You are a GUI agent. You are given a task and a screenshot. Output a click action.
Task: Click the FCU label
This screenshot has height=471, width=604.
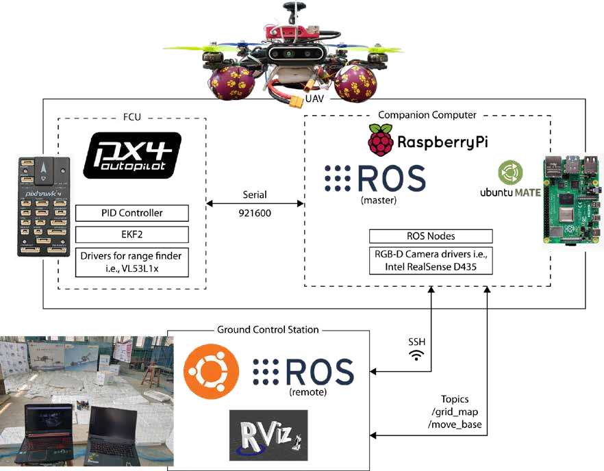pyautogui.click(x=131, y=117)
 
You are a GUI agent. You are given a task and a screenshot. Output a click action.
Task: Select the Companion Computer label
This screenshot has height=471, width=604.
pyautogui.click(x=427, y=115)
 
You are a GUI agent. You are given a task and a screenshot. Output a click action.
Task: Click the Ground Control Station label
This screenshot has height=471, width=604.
pyautogui.click(x=268, y=330)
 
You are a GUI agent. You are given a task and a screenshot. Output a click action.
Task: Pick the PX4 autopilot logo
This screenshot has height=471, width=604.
pyautogui.click(x=132, y=155)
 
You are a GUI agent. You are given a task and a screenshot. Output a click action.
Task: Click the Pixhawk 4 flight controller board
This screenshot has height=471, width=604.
pyautogui.click(x=44, y=206)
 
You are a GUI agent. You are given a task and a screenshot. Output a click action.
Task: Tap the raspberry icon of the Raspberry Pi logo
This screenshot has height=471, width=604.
pyautogui.click(x=381, y=140)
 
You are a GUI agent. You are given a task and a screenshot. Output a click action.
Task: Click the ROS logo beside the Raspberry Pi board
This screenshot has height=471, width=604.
pyautogui.click(x=375, y=178)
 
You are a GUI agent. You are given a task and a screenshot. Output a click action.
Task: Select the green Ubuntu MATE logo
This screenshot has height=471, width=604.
pyautogui.click(x=510, y=173)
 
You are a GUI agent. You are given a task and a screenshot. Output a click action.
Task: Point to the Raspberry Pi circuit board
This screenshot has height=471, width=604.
pyautogui.click(x=572, y=201)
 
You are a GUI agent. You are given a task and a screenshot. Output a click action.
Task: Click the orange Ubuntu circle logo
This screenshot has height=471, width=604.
pyautogui.click(x=211, y=372)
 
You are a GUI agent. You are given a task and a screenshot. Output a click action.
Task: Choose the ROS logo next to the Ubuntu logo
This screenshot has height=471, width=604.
pyautogui.click(x=303, y=372)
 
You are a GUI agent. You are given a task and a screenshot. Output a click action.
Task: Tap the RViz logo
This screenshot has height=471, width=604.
pyautogui.click(x=268, y=435)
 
